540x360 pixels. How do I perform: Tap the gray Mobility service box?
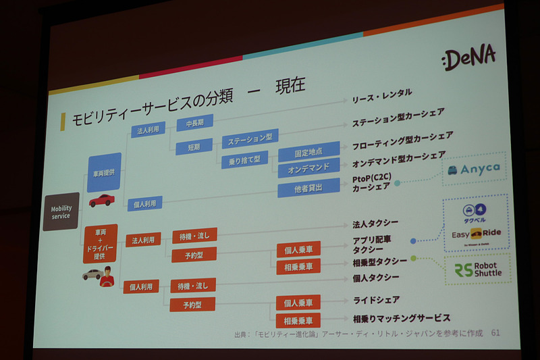click(61, 211)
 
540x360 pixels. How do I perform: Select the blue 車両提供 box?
click(104, 172)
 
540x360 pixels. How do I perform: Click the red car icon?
click(101, 201)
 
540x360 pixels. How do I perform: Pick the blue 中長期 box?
click(194, 123)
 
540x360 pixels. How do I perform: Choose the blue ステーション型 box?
click(250, 139)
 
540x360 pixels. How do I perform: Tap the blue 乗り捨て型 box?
click(244, 159)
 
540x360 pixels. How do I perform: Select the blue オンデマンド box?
click(299, 168)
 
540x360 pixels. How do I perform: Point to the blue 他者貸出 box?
click(299, 188)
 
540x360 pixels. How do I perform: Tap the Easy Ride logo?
click(477, 234)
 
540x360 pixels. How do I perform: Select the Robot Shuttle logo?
click(478, 269)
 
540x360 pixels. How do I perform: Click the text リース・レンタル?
click(381, 96)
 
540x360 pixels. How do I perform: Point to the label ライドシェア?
click(376, 299)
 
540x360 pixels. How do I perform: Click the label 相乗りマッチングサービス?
click(401, 317)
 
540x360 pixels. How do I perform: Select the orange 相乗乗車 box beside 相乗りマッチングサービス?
click(298, 320)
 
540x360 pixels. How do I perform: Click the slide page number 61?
click(495, 332)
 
